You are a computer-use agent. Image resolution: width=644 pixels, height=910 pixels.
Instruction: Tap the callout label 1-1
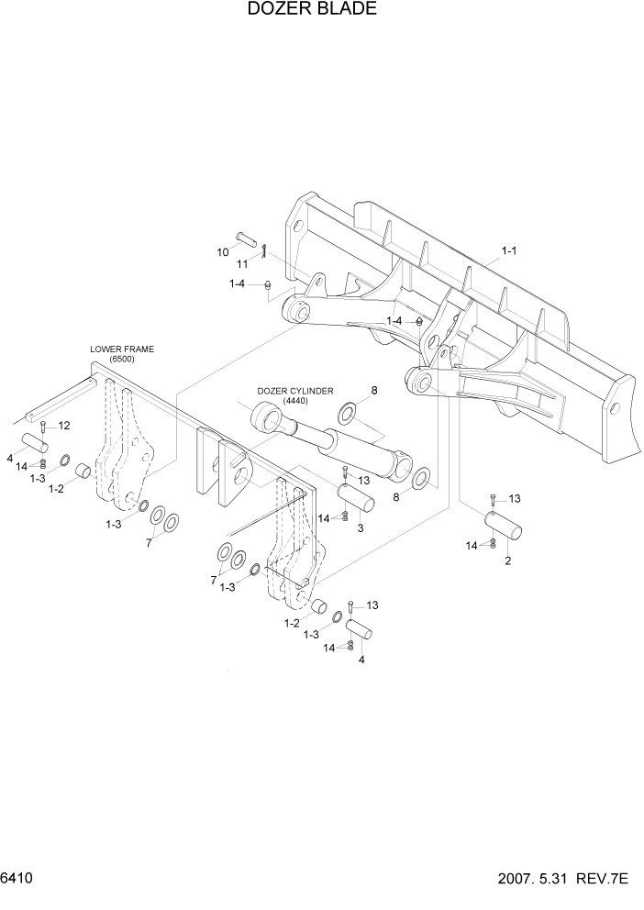[510, 250]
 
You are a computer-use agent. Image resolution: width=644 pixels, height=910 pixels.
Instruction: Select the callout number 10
[222, 251]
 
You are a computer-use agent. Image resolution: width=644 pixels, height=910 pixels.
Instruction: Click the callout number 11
[243, 264]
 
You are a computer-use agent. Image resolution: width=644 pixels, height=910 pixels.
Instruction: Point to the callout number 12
[64, 426]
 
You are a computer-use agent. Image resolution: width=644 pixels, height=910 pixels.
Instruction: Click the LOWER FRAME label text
[122, 349]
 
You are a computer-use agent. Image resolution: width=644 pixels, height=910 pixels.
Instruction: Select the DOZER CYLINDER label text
[294, 390]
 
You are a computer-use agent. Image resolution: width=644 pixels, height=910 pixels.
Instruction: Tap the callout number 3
[361, 528]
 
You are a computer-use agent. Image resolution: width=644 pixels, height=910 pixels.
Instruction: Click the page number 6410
[17, 878]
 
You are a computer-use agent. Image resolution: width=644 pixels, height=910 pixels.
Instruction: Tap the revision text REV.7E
[604, 878]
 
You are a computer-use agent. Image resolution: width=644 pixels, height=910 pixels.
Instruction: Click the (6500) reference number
[122, 360]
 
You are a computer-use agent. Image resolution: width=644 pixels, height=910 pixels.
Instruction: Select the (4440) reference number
[294, 401]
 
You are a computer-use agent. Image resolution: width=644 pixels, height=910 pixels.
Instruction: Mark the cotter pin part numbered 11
[263, 250]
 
